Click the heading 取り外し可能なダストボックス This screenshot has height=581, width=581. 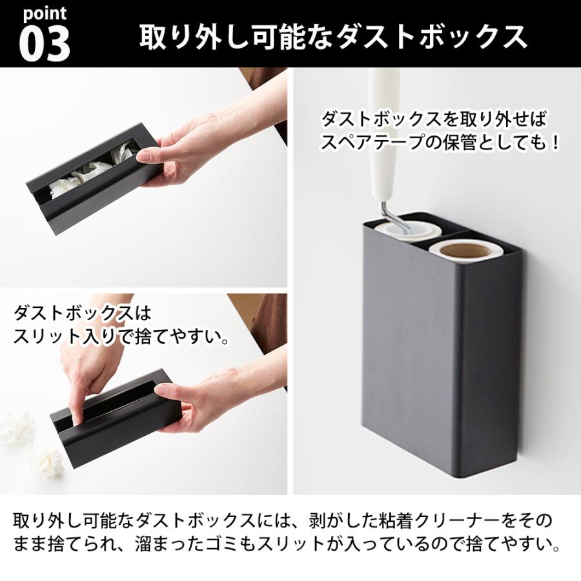(333, 37)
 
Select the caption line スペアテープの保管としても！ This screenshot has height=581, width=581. (440, 141)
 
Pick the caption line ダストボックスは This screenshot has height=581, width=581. (81, 314)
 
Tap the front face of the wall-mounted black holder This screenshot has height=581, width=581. (413, 362)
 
